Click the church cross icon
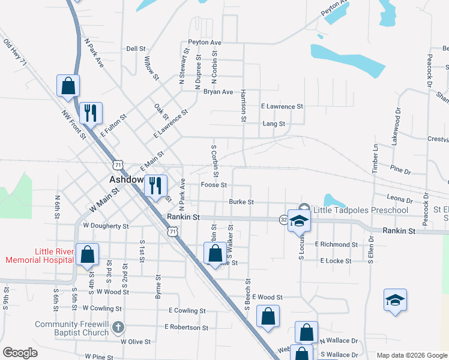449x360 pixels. click(x=118, y=328)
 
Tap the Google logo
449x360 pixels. click(x=20, y=353)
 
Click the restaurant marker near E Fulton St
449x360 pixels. click(x=91, y=112)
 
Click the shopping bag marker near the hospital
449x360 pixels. click(x=88, y=254)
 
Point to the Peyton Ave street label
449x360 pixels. click(x=205, y=43)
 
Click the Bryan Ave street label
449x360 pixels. click(x=218, y=92)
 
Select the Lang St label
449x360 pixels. click(x=274, y=124)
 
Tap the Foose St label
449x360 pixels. click(x=214, y=185)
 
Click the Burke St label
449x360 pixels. click(x=241, y=202)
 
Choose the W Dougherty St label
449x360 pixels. click(x=106, y=226)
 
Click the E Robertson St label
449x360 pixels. click(x=188, y=328)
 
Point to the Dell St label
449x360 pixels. click(x=136, y=49)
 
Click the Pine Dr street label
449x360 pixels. click(x=400, y=171)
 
